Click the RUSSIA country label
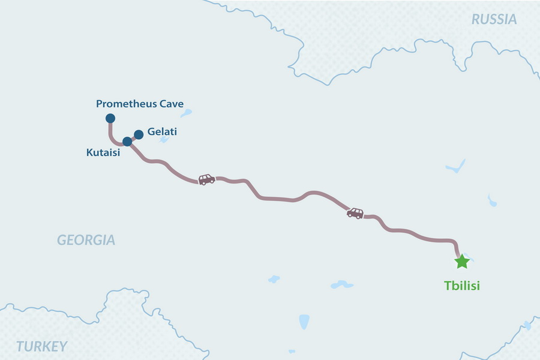click(x=494, y=19)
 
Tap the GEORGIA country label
click(x=86, y=241)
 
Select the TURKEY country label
click(x=41, y=346)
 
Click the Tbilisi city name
click(x=462, y=286)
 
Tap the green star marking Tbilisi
click(x=461, y=262)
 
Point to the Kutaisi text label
click(x=103, y=152)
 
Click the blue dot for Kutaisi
click(x=127, y=142)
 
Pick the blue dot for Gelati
click(x=139, y=134)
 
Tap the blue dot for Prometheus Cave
click(x=110, y=118)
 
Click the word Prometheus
click(x=126, y=104)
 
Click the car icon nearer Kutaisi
click(x=206, y=179)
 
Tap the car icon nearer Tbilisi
click(x=355, y=213)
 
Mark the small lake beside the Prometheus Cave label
click(x=187, y=112)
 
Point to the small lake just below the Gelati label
click(x=164, y=140)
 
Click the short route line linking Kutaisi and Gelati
click(x=133, y=138)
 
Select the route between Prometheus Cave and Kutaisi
click(x=112, y=136)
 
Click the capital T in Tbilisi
click(x=448, y=286)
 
